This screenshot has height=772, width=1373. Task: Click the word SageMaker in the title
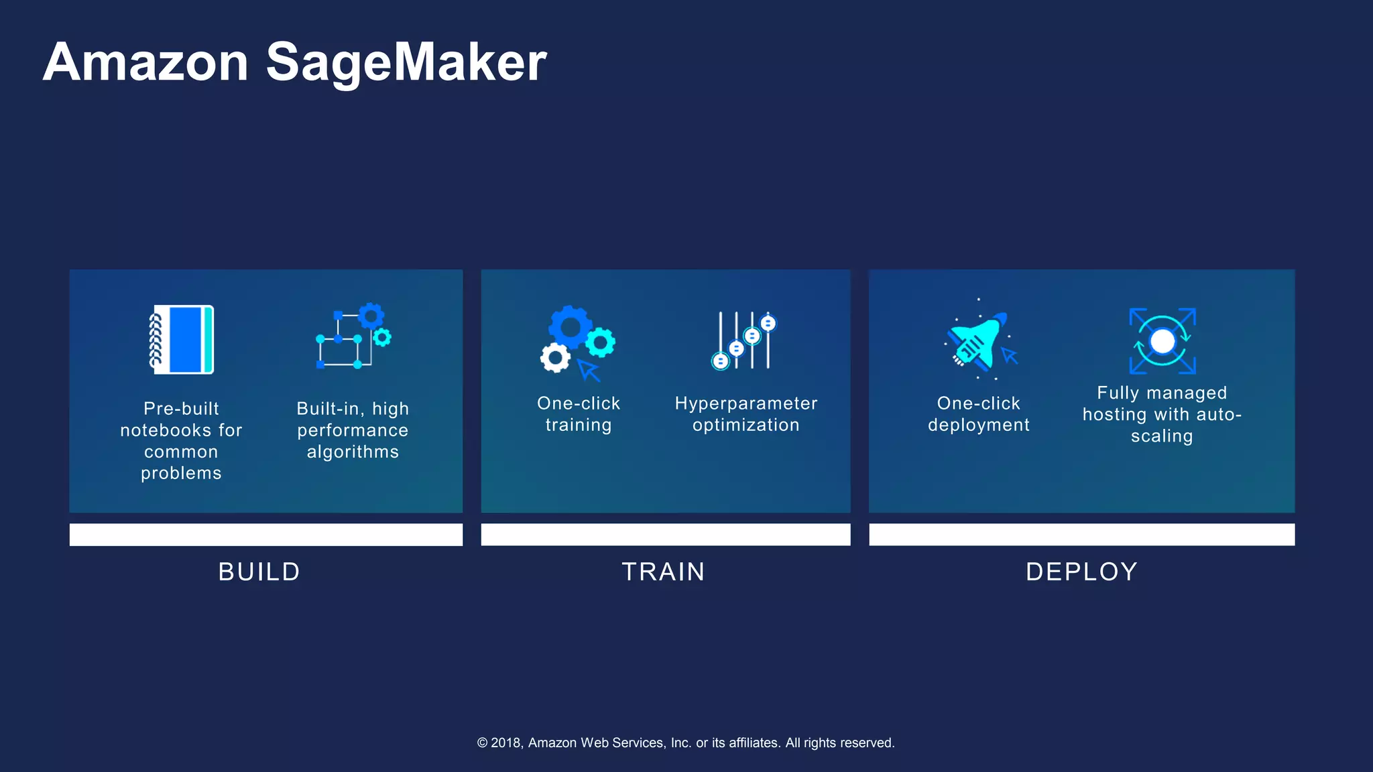(406, 62)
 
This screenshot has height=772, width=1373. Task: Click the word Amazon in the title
(146, 62)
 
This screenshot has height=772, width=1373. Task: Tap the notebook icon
(182, 339)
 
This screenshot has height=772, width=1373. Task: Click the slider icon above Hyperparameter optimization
(744, 340)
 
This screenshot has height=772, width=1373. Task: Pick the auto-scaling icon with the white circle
(1162, 341)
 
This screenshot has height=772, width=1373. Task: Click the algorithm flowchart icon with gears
(353, 336)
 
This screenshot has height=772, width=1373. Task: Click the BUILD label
(259, 572)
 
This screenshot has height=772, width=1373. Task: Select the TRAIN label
(664, 572)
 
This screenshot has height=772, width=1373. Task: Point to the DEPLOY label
(1081, 572)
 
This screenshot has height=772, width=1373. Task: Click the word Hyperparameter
(746, 403)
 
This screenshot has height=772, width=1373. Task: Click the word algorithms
(353, 452)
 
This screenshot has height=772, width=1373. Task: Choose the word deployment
(979, 425)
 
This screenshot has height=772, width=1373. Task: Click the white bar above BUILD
(266, 535)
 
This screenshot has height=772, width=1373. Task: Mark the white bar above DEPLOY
(1081, 535)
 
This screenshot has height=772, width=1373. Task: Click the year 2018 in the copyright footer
(506, 743)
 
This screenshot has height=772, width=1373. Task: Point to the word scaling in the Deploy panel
(1162, 436)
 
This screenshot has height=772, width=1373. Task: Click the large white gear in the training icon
(555, 358)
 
